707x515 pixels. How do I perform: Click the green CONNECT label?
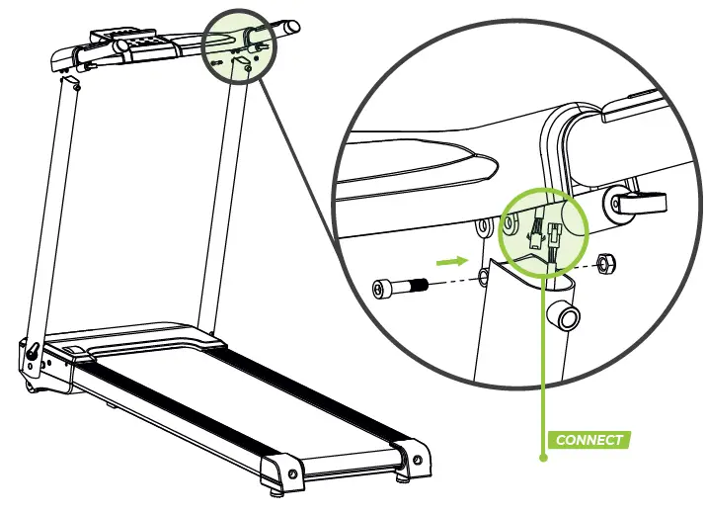click(589, 439)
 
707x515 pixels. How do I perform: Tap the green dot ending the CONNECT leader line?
click(542, 458)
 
